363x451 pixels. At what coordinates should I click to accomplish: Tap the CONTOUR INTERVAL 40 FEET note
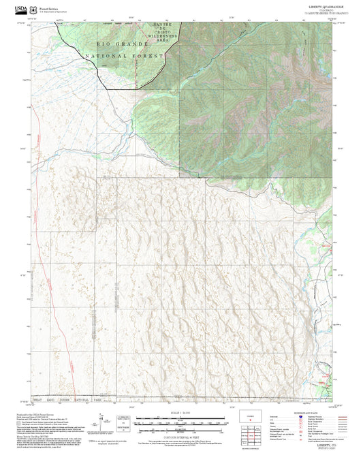(180, 431)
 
